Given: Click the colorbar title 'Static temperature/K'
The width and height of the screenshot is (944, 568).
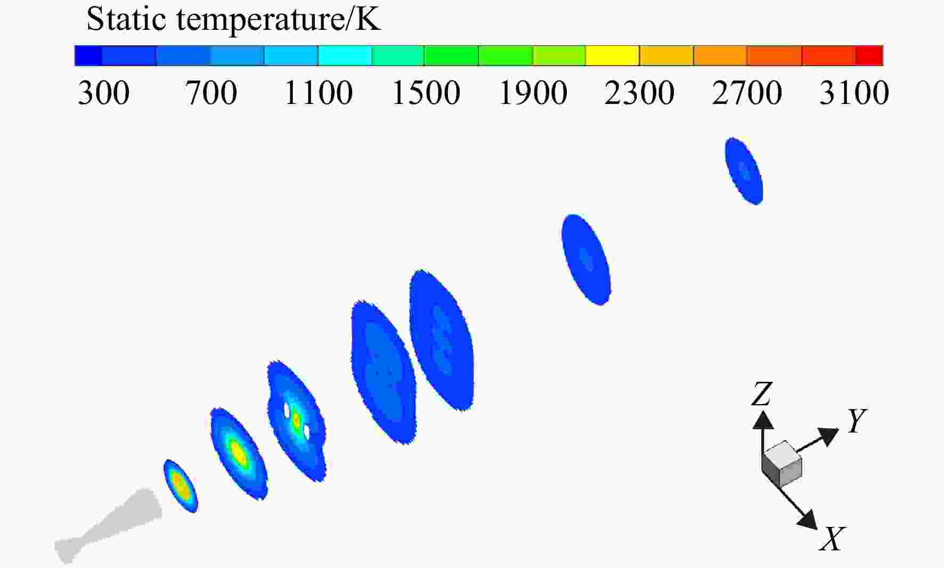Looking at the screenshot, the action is (233, 20).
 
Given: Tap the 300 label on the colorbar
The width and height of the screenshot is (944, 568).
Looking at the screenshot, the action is (103, 93).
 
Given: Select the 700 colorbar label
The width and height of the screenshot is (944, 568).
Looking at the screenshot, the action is (211, 93).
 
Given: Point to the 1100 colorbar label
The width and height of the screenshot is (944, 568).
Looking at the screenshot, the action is (319, 93).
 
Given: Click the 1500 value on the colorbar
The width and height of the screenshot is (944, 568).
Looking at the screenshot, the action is (426, 93).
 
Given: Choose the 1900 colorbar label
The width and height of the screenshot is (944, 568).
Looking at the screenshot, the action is (533, 93).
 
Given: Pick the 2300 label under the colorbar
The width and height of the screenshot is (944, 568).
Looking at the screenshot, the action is (640, 93).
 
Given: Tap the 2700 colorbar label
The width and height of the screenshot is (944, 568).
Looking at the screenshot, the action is (747, 93).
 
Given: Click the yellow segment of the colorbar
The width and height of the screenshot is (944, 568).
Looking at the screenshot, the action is (613, 55).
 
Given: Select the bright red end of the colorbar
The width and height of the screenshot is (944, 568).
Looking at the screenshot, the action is (869, 55).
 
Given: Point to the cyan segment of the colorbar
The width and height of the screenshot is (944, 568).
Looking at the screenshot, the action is (345, 55).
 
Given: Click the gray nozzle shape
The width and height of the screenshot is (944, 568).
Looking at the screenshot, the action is (108, 526).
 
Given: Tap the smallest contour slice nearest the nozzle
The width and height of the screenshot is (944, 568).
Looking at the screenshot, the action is (181, 486).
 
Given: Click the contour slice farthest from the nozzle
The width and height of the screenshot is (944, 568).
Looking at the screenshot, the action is (744, 171).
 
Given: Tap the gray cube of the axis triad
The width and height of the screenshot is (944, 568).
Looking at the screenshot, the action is (782, 464).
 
